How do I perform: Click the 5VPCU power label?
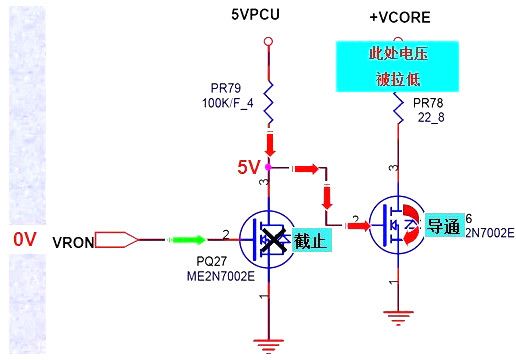(267, 15)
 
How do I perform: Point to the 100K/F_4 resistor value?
(228, 102)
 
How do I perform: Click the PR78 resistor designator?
(428, 103)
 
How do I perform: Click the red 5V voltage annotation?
(248, 167)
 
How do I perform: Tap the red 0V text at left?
(25, 239)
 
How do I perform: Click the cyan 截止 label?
(311, 240)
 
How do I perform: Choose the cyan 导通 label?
(442, 226)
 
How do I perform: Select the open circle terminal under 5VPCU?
(267, 41)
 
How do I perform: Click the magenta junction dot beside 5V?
(267, 167)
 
